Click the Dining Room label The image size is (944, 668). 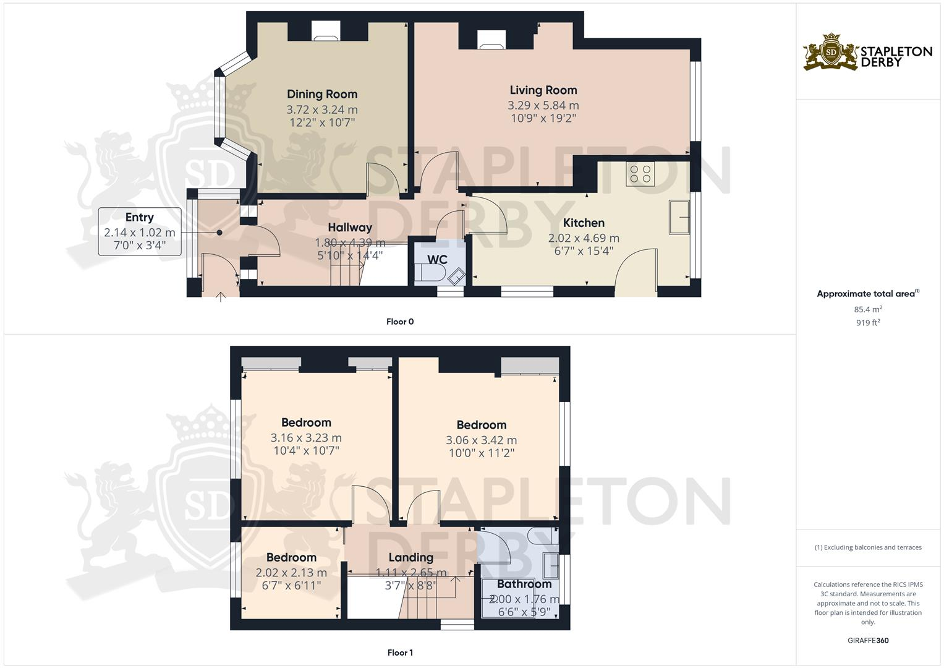tap(321, 94)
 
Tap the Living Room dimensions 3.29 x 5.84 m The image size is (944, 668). tap(543, 105)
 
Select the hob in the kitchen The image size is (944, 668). tap(640, 174)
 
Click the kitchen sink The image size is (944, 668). tap(679, 217)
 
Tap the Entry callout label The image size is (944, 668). tap(139, 217)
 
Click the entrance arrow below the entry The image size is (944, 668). tap(221, 297)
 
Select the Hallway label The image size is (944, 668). tap(349, 227)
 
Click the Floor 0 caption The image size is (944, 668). tap(399, 322)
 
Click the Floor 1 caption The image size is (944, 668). tap(399, 653)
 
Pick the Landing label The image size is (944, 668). tap(410, 557)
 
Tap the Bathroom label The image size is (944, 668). tap(524, 584)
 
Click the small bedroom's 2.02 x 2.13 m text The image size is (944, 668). tap(291, 573)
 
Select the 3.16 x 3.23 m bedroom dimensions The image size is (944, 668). tap(305, 438)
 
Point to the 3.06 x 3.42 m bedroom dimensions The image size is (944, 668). tap(481, 440)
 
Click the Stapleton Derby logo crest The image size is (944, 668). tap(831, 52)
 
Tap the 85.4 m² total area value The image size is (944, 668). tap(868, 309)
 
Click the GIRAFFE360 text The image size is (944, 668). tap(868, 640)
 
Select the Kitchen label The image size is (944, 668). tap(584, 223)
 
